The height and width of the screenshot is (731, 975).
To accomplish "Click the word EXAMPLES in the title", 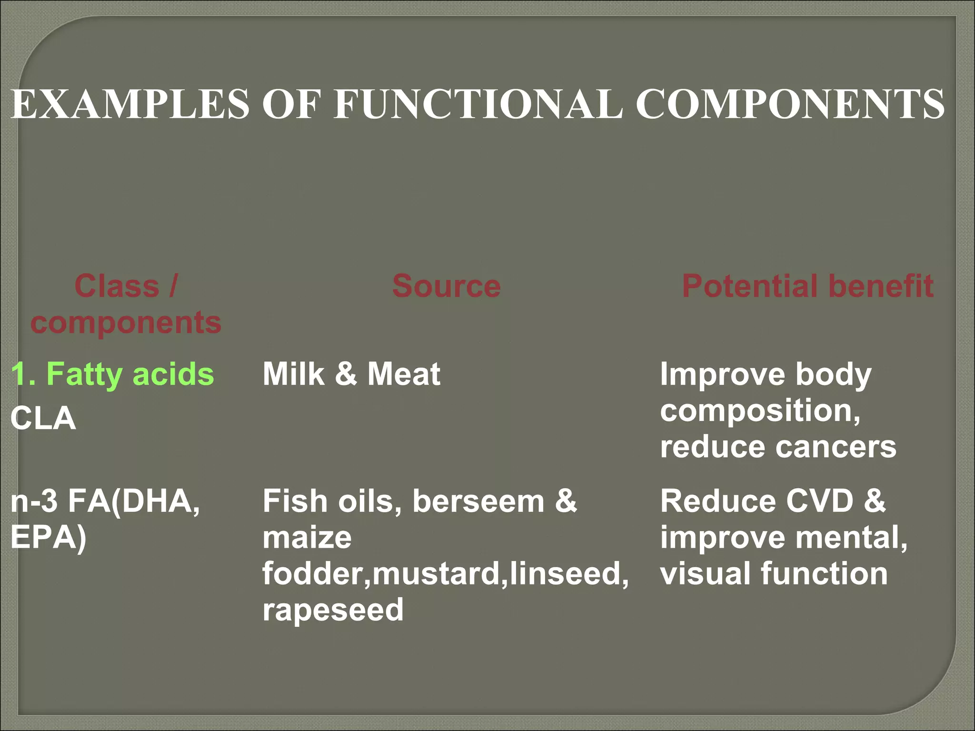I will point(130,104).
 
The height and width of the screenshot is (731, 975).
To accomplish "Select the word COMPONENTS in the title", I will point(790,104).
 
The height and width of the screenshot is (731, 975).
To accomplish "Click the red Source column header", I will point(446,286).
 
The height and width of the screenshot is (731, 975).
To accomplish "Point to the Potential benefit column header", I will point(807,286).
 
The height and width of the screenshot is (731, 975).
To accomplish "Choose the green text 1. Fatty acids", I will point(112,374).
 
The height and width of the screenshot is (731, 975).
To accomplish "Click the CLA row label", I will point(43,419).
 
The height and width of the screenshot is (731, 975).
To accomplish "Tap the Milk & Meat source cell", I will point(351,374).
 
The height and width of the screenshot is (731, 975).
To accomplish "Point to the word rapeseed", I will point(333,610).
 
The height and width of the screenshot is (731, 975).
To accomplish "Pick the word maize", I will point(307,538).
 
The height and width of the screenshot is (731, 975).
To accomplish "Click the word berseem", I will point(478,502).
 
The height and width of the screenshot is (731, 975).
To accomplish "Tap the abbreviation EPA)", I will point(48,538).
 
